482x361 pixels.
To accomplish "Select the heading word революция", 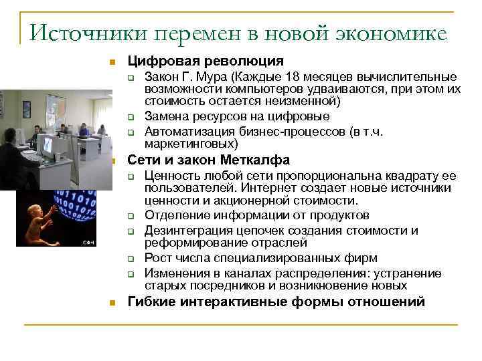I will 242,61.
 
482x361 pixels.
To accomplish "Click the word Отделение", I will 173,215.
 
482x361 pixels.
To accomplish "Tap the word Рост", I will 157,258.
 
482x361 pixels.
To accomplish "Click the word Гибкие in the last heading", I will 149,302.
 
